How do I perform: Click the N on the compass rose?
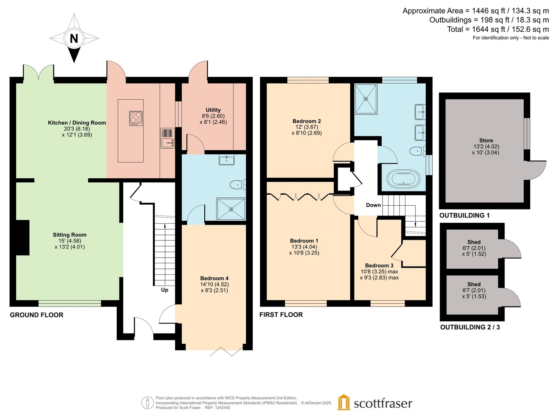coord(74,39)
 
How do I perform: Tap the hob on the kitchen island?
coord(136,118)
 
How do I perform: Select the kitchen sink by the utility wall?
coord(167,138)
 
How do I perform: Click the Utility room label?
coord(213,110)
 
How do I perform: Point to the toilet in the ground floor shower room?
coord(238,185)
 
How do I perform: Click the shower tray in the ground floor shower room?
coord(231,209)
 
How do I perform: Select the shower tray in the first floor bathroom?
coord(366,99)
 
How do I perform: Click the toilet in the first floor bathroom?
coord(417,151)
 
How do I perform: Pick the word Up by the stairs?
coord(164,290)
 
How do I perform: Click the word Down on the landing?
coord(373,205)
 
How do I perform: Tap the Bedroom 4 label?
coord(214,278)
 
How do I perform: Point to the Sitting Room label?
coord(69,235)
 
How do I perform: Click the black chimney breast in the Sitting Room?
coord(23,237)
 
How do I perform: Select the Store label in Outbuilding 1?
coord(486,140)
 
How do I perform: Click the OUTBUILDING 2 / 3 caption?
coord(470,327)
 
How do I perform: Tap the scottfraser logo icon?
coord(343,402)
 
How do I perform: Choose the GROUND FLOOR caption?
coord(36,315)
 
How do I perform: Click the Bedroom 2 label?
coord(306,121)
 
